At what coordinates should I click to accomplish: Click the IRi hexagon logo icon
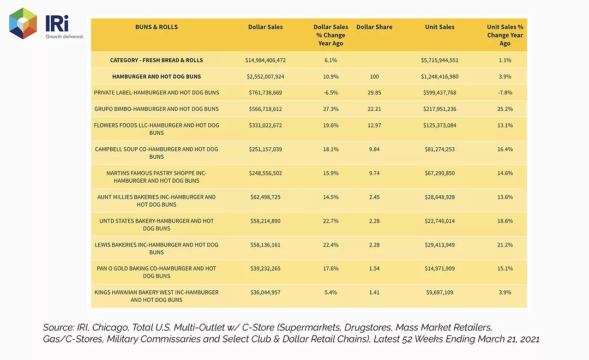[x=23, y=23]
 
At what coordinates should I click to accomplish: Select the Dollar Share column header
[x=374, y=27]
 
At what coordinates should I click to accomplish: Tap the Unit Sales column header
[x=440, y=27]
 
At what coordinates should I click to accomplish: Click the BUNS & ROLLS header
[x=157, y=27]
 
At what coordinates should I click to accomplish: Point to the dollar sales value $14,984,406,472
[x=265, y=60]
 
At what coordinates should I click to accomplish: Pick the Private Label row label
[x=157, y=92]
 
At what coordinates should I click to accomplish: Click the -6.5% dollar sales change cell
[x=330, y=92]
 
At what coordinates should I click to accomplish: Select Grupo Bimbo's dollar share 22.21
[x=374, y=109]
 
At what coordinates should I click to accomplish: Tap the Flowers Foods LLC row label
[x=157, y=129]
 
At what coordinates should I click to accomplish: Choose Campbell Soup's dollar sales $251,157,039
[x=265, y=149]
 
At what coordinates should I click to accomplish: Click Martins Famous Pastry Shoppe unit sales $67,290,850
[x=440, y=173]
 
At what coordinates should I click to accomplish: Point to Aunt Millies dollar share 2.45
[x=374, y=197]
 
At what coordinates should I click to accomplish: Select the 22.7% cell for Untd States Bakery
[x=330, y=221]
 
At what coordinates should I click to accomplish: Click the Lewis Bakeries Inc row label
[x=157, y=248]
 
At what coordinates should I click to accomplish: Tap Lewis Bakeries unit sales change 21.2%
[x=505, y=244]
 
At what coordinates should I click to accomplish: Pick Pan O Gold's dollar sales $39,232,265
[x=265, y=268]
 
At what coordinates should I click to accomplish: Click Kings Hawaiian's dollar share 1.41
[x=374, y=292]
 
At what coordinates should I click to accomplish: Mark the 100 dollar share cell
[x=374, y=77]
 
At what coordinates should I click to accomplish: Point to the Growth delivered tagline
[x=64, y=37]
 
